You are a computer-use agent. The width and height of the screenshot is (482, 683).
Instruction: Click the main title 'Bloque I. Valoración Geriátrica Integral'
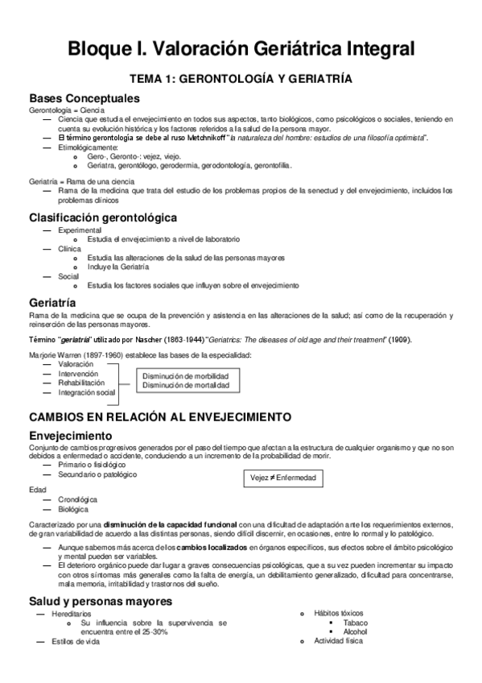click(x=241, y=49)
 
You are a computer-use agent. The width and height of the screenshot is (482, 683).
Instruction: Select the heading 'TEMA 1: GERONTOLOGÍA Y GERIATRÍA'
click(x=241, y=81)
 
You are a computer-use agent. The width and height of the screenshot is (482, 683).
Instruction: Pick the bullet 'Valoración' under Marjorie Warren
click(x=76, y=364)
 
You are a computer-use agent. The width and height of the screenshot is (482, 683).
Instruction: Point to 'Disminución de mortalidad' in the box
click(x=185, y=386)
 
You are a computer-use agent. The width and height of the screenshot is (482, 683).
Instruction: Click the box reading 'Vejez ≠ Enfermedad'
click(x=282, y=478)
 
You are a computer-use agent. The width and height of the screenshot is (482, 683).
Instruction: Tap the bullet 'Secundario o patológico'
click(x=92, y=475)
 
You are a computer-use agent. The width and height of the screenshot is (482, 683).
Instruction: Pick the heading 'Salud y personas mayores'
click(x=101, y=601)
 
